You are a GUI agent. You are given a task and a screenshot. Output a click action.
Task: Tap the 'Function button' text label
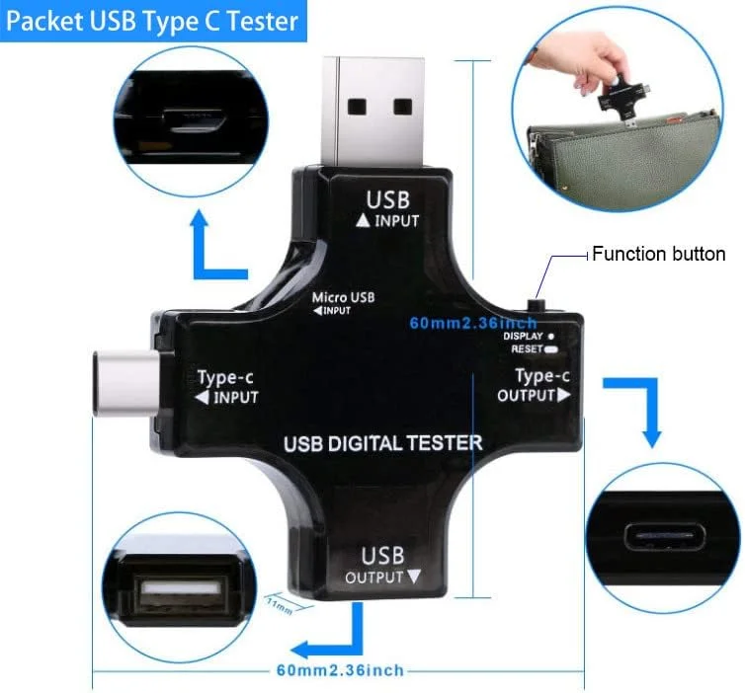click(x=658, y=254)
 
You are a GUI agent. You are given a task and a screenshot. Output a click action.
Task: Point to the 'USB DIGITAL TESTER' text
click(x=383, y=443)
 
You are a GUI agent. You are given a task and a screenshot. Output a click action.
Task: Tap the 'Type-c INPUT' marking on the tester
click(x=226, y=387)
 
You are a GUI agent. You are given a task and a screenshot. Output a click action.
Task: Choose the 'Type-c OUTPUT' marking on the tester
click(x=535, y=385)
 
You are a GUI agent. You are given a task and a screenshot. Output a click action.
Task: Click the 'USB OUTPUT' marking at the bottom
click(x=382, y=564)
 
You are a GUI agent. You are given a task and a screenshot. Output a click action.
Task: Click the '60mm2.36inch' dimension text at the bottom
click(x=340, y=671)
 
